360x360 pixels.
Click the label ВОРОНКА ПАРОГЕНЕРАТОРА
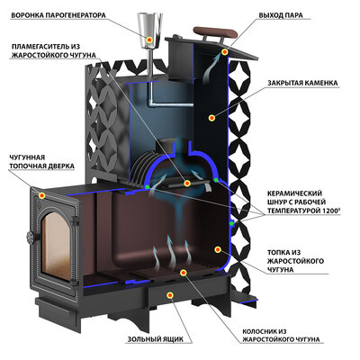coord(58,15)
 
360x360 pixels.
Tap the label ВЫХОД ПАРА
coord(281,15)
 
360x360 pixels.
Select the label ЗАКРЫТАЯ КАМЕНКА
coord(303,83)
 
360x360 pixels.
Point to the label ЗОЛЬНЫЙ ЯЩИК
coord(156,339)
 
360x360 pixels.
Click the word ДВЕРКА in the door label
coord(60,166)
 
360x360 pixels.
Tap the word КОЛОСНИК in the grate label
coord(256,331)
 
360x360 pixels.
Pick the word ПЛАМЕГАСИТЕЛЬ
coord(38,47)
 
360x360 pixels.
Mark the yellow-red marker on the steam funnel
coord(149,40)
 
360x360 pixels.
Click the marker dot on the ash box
coord(170,295)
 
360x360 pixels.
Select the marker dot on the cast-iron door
coord(42,195)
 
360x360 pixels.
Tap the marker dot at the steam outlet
coord(224,52)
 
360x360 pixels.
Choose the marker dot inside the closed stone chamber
coord(212,118)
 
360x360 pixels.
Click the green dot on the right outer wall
coord(231,223)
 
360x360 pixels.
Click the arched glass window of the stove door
coord(57,246)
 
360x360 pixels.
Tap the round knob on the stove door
coord(31,238)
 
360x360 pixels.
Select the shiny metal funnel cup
coord(149,30)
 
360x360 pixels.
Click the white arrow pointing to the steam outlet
coord(211,70)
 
